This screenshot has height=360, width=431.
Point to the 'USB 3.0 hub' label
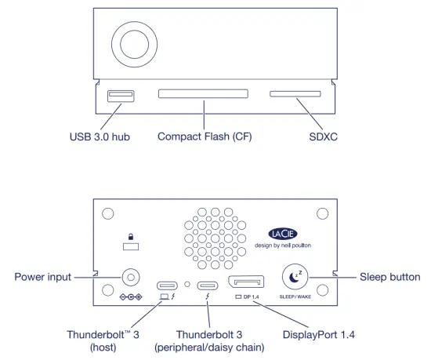100,136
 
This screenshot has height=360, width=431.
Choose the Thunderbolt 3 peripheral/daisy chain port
208,285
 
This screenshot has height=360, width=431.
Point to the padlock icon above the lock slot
131,235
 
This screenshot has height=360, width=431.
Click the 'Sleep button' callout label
389,277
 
